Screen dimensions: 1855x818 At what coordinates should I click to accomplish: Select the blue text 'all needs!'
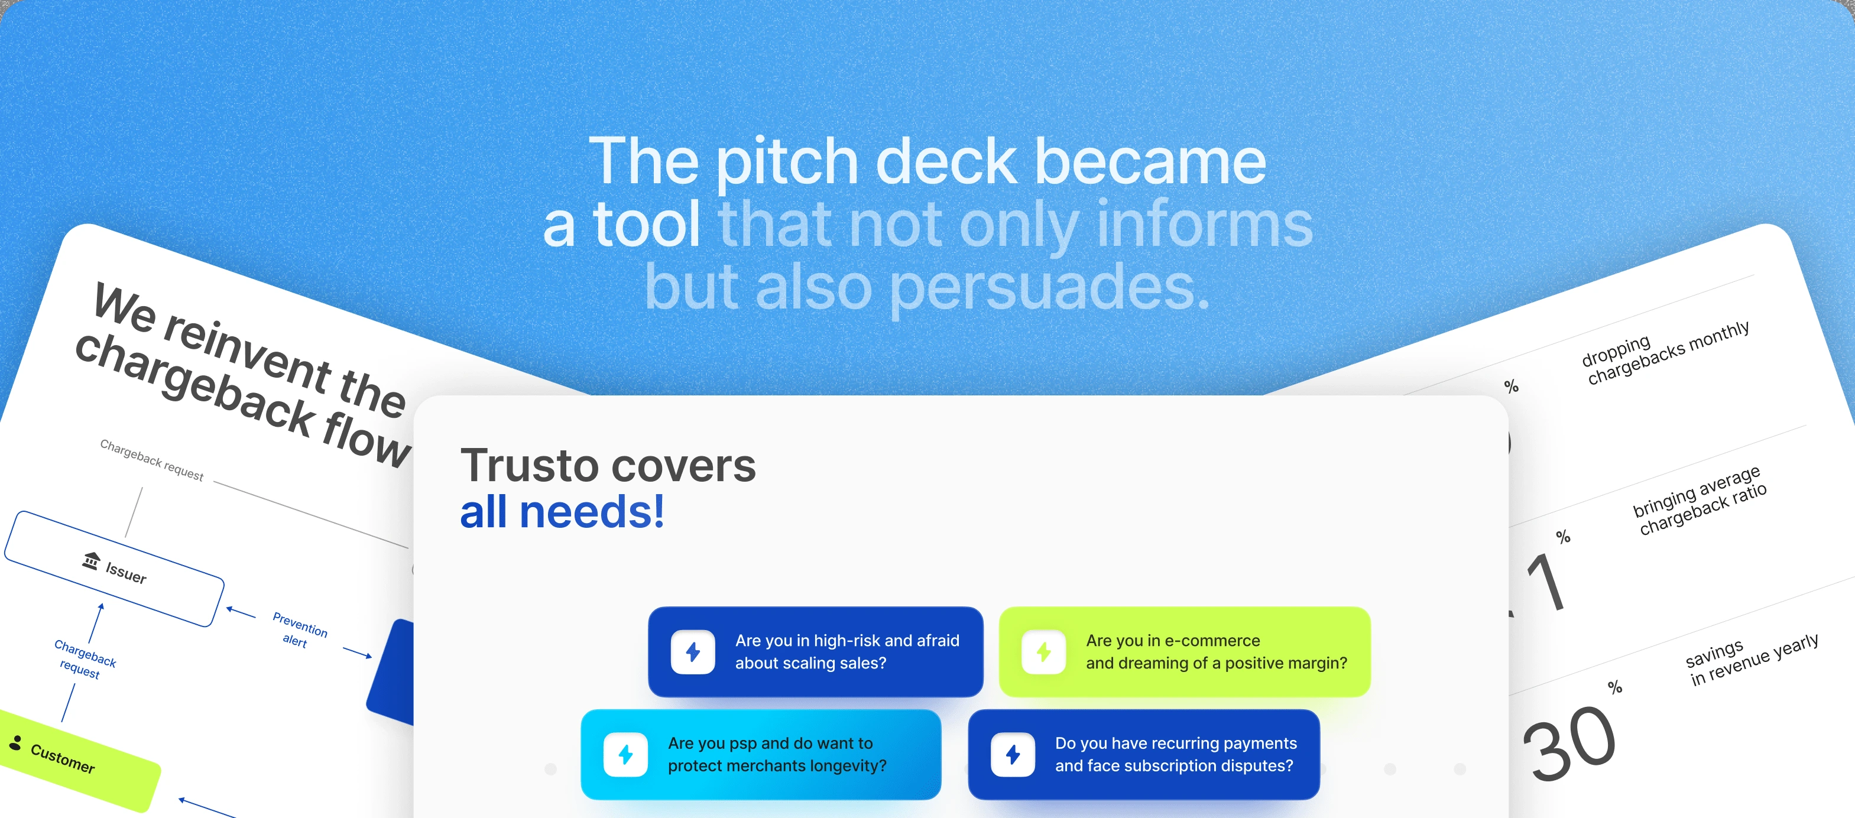(x=562, y=512)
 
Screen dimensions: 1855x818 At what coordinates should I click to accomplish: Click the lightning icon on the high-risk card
(x=693, y=652)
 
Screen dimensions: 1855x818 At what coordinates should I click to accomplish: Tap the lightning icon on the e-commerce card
(x=1043, y=652)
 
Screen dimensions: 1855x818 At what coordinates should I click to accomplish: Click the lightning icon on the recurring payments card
(x=1013, y=755)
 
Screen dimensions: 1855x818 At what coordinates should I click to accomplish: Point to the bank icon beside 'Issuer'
(x=90, y=560)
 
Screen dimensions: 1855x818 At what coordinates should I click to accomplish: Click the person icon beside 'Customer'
(x=15, y=743)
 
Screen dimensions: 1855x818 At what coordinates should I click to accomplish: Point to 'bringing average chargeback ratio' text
(x=1700, y=501)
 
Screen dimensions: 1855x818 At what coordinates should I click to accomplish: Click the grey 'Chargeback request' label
(x=151, y=460)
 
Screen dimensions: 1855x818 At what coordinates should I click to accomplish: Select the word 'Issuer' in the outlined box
(x=126, y=573)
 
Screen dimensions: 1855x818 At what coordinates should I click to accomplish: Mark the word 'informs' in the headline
(x=1205, y=224)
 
